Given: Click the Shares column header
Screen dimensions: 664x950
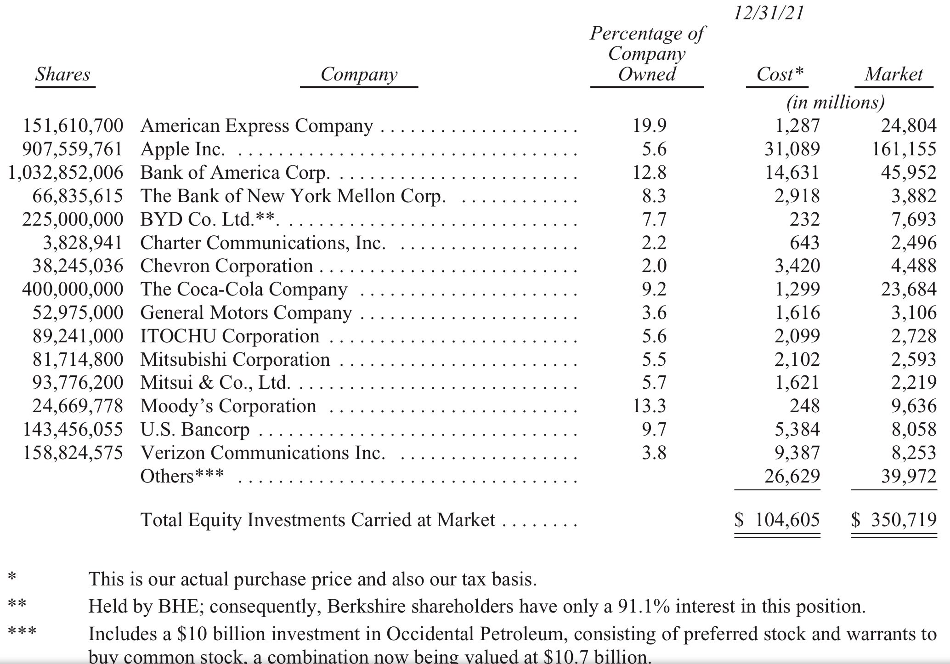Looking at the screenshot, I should [x=63, y=74].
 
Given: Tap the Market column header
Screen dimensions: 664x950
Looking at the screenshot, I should [x=893, y=74].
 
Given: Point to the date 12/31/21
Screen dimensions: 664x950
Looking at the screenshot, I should [x=769, y=13].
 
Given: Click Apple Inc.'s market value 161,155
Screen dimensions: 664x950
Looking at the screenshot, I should [x=904, y=149].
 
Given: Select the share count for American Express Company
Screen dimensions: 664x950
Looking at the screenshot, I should [x=73, y=126].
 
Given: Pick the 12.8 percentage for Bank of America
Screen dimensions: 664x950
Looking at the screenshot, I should [x=649, y=173].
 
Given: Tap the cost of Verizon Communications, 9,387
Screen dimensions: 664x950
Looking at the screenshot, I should [x=797, y=453].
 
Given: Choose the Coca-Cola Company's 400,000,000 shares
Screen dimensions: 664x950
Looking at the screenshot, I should [x=73, y=289].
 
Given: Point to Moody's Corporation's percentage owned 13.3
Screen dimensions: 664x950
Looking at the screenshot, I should [x=649, y=406].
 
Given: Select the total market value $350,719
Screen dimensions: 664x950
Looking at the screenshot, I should [x=894, y=520].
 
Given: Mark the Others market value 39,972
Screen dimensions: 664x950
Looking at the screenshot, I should [x=908, y=477].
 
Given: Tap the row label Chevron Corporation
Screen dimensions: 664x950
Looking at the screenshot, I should [x=226, y=266].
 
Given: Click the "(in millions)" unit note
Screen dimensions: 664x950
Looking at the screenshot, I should [x=835, y=102].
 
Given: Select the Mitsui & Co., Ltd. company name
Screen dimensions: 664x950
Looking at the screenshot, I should [x=215, y=383].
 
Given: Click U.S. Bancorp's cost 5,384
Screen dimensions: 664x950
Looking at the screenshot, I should [x=797, y=430].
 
